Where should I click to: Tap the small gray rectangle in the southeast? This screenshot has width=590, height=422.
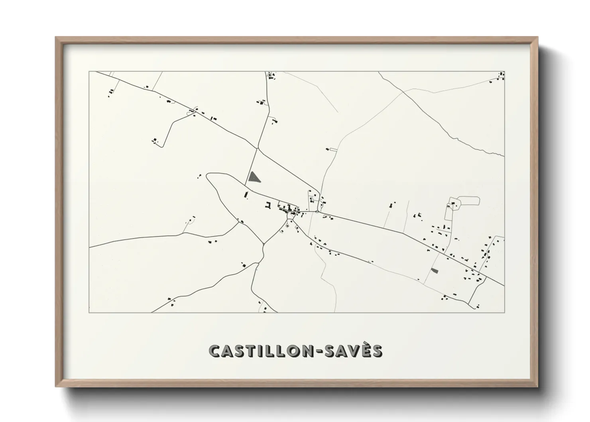[435, 271]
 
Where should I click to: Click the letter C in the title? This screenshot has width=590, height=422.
[214, 351]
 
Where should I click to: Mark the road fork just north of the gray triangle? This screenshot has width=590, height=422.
[258, 149]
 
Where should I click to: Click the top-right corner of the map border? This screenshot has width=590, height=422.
[504, 72]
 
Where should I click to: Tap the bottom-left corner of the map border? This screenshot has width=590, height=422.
[89, 312]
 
